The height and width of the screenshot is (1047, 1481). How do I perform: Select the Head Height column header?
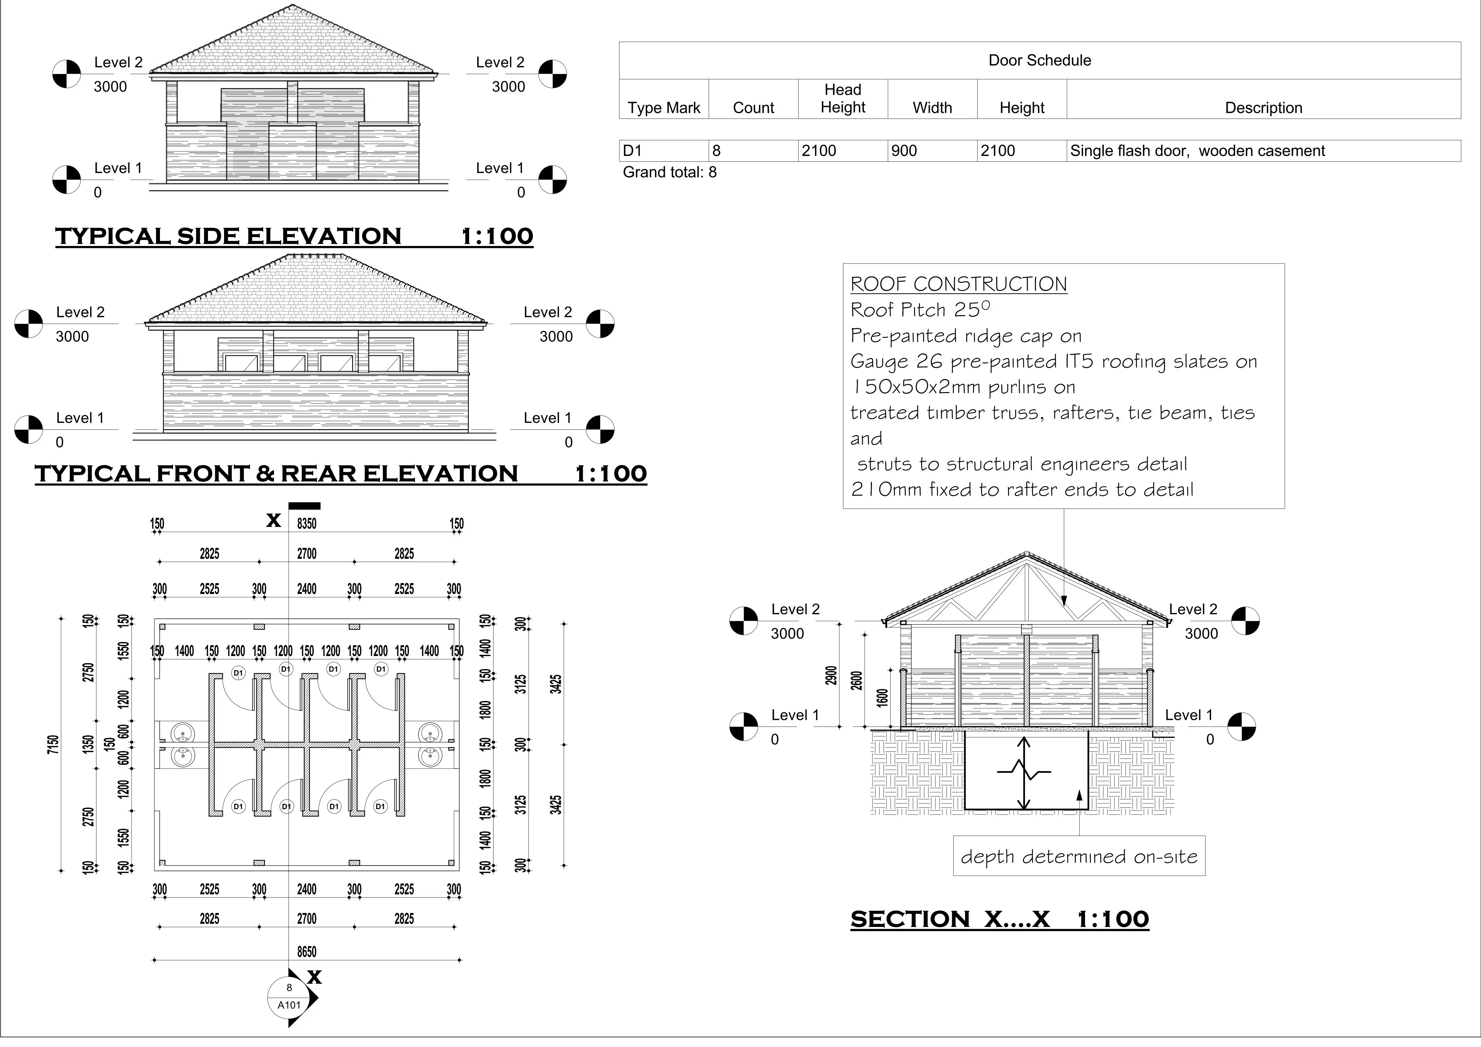[842, 99]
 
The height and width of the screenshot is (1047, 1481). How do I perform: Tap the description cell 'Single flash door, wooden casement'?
[1197, 151]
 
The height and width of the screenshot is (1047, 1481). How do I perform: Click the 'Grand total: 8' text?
[670, 172]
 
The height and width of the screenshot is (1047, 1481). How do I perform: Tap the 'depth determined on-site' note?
[1078, 857]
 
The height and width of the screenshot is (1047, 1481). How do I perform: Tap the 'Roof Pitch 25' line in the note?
[920, 310]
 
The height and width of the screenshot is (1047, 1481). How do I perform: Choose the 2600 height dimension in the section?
[857, 680]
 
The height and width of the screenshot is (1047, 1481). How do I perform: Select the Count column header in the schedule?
[753, 108]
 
